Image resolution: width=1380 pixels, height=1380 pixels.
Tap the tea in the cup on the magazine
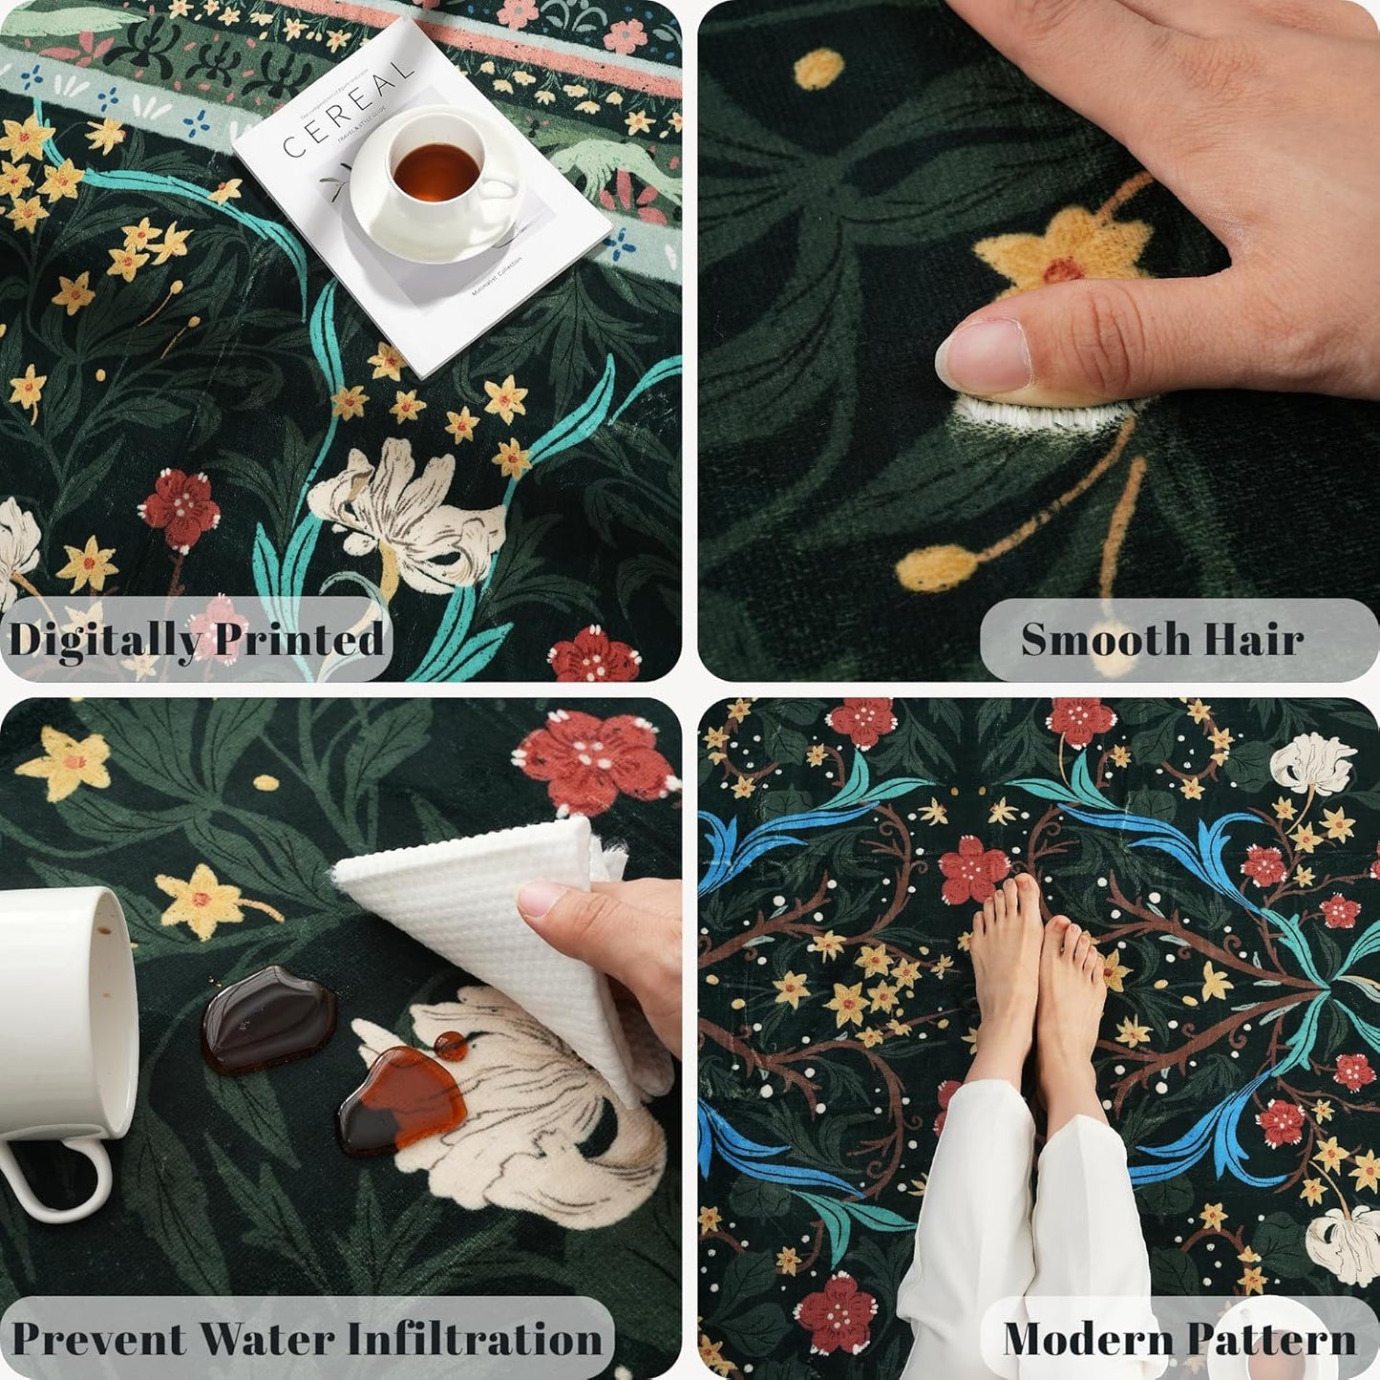435,173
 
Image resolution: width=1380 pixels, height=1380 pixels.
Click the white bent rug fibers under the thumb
1031,414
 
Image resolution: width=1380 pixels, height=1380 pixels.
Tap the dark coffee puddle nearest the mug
267,1018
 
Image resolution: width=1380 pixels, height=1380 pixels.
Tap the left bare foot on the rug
1003,965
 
